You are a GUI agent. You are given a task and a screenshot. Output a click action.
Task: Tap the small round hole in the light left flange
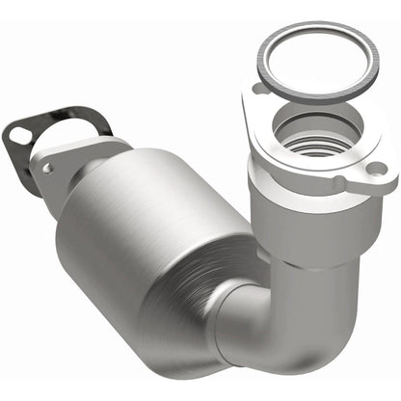tap(47, 168)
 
